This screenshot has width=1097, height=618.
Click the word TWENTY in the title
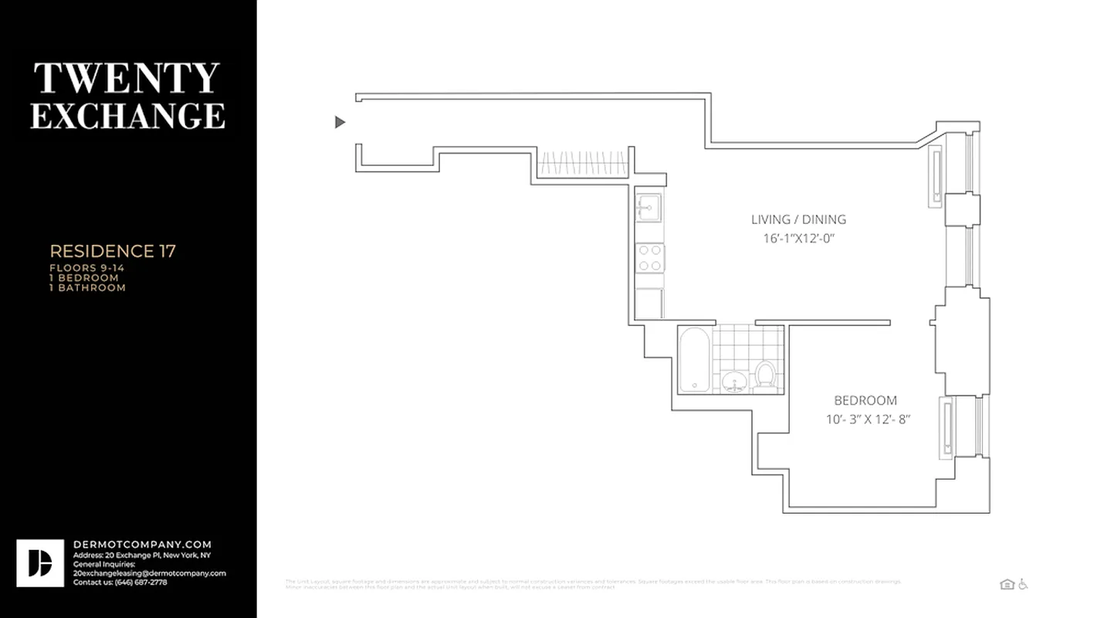(x=127, y=78)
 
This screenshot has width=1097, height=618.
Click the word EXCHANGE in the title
(x=127, y=115)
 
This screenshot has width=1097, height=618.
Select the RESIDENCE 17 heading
(x=113, y=251)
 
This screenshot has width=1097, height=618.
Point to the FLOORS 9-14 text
(x=86, y=268)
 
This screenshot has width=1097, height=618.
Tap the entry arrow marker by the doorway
(x=340, y=122)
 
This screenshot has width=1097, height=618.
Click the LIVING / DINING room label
(x=798, y=219)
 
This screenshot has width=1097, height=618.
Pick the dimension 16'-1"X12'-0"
(x=798, y=239)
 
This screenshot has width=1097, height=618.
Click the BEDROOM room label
(x=865, y=400)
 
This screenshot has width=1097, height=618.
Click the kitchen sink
(x=648, y=207)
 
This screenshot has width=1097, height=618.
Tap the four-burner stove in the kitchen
(x=648, y=257)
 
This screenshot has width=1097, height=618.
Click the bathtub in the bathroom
(x=693, y=360)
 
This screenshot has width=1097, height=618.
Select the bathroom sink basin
(x=733, y=381)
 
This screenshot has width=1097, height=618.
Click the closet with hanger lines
(x=582, y=164)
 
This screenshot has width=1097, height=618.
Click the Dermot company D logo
(x=40, y=563)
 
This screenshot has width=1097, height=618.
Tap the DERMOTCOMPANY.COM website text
(x=142, y=545)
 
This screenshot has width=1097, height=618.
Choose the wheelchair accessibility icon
(x=1023, y=584)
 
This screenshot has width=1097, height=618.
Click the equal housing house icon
(x=1007, y=584)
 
